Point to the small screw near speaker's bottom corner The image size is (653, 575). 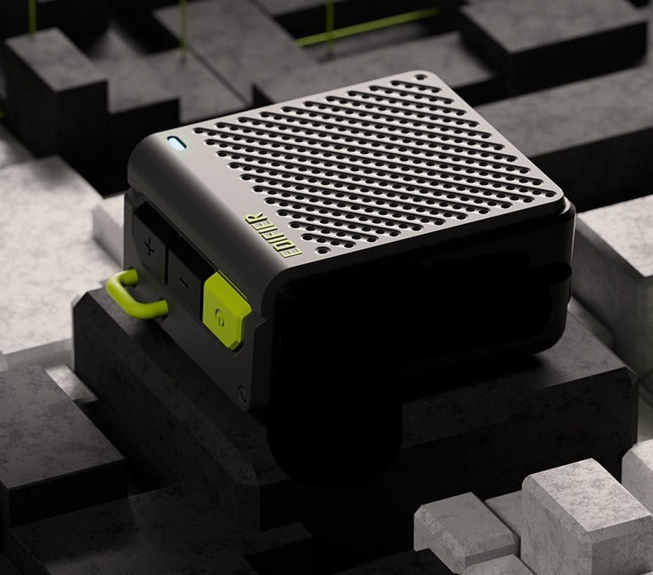[x=243, y=394]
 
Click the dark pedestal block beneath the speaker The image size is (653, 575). [x=165, y=397]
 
